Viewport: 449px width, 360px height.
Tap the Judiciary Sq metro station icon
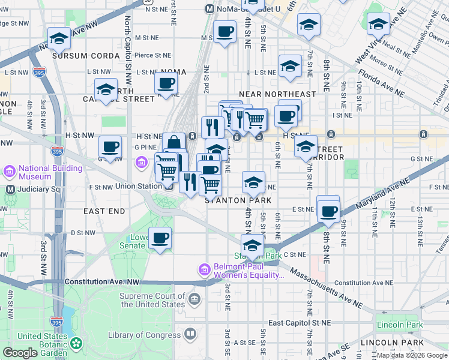pos(10,190)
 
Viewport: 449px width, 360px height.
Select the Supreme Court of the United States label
pos(152,300)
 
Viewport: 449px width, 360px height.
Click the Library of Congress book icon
pos(190,334)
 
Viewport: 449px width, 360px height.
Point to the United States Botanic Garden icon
pos(76,343)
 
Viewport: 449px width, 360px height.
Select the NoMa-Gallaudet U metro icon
pos(209,9)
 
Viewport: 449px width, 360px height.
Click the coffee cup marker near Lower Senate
pos(160,238)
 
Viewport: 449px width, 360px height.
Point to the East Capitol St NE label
pos(300,323)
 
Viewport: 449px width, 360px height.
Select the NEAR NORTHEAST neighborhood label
pos(277,94)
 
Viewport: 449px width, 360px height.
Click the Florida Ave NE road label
pos(381,84)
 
